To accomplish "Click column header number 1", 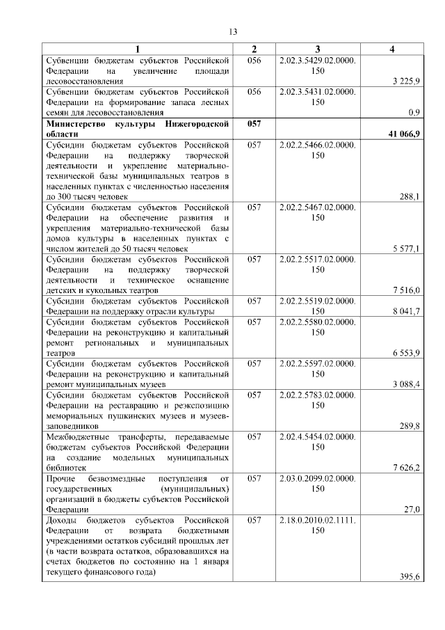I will [x=137, y=49].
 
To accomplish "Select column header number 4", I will [x=392, y=49].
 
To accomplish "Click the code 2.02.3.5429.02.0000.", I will [x=317, y=61].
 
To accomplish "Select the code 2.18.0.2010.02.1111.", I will [x=317, y=520].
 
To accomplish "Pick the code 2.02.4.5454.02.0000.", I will [x=317, y=436].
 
